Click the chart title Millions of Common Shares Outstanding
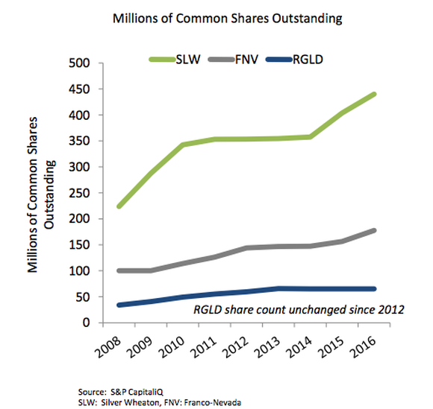[227, 19]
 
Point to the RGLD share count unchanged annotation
[299, 309]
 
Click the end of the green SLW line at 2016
[375, 94]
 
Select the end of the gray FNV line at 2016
[375, 231]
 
